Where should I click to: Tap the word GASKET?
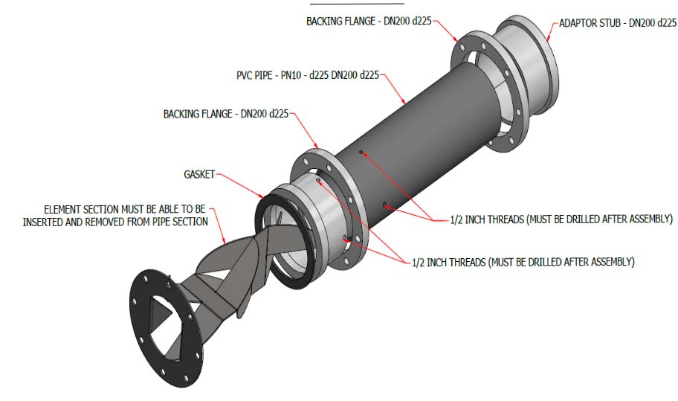199,174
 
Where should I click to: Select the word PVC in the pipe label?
243,75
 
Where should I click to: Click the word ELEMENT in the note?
62,209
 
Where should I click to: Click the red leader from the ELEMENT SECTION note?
219,225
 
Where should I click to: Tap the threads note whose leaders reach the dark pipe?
561,219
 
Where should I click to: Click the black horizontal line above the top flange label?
357,4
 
